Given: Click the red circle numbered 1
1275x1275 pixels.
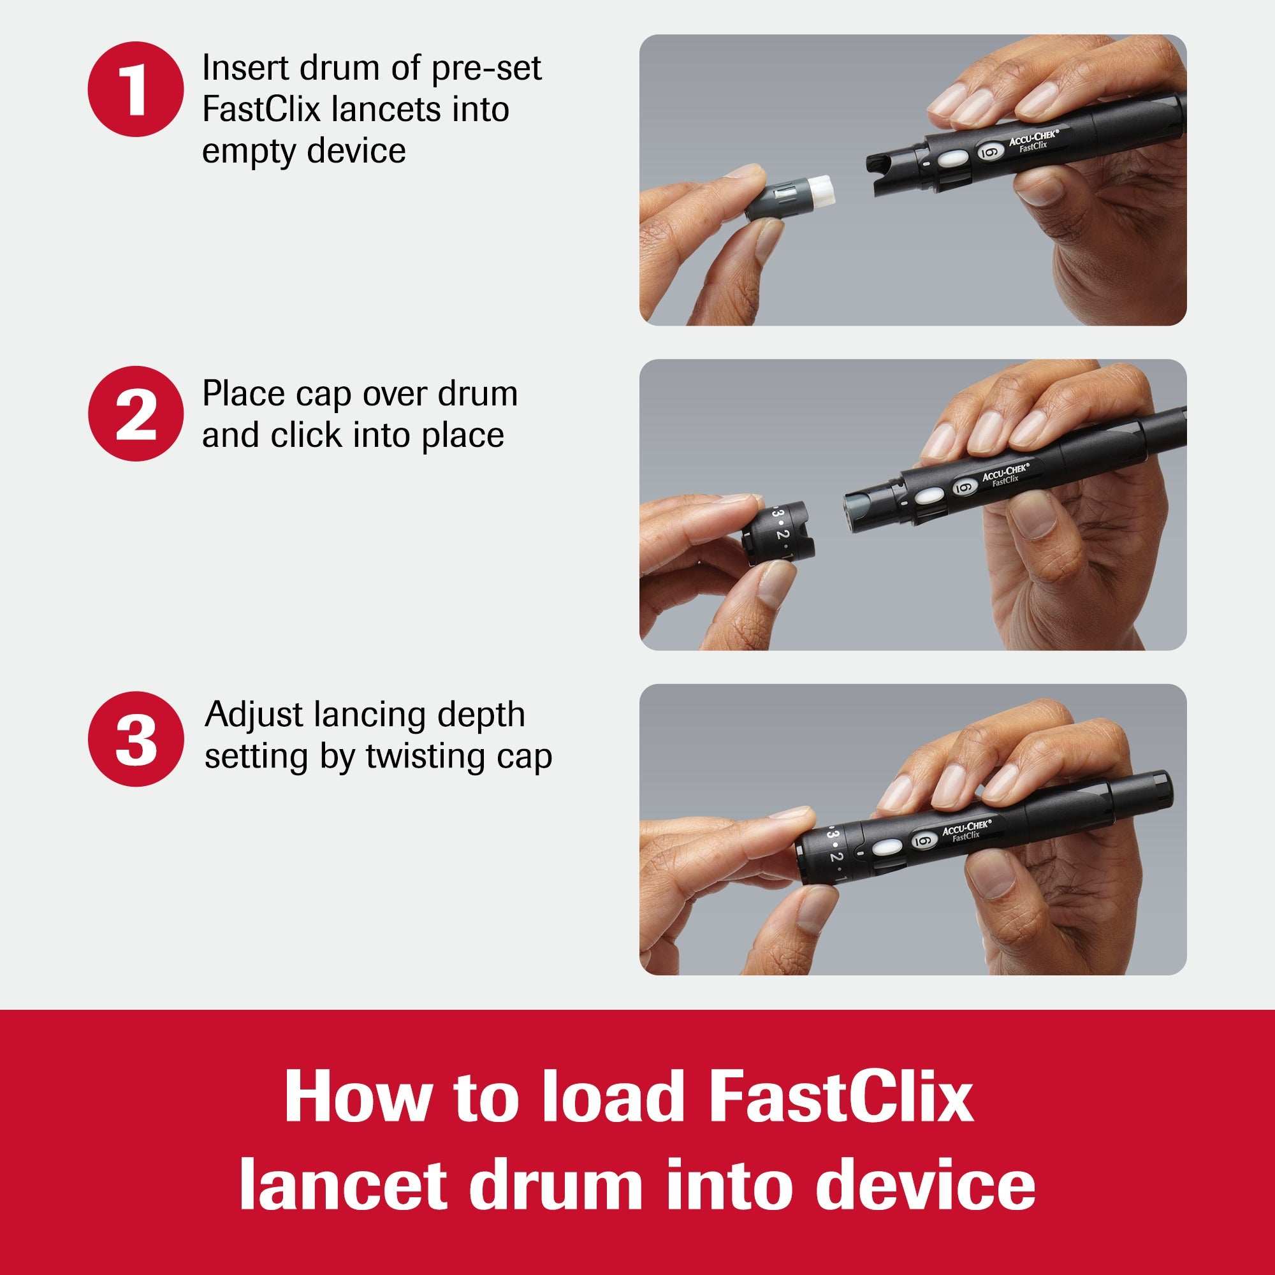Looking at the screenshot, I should click(x=135, y=89).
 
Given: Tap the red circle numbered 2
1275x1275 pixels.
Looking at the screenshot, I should click(x=135, y=414).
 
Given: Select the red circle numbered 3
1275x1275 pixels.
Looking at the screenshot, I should click(x=135, y=738).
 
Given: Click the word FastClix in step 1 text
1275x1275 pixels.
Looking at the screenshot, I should click(x=261, y=110).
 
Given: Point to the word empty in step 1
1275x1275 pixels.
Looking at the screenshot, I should click(x=248, y=152).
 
